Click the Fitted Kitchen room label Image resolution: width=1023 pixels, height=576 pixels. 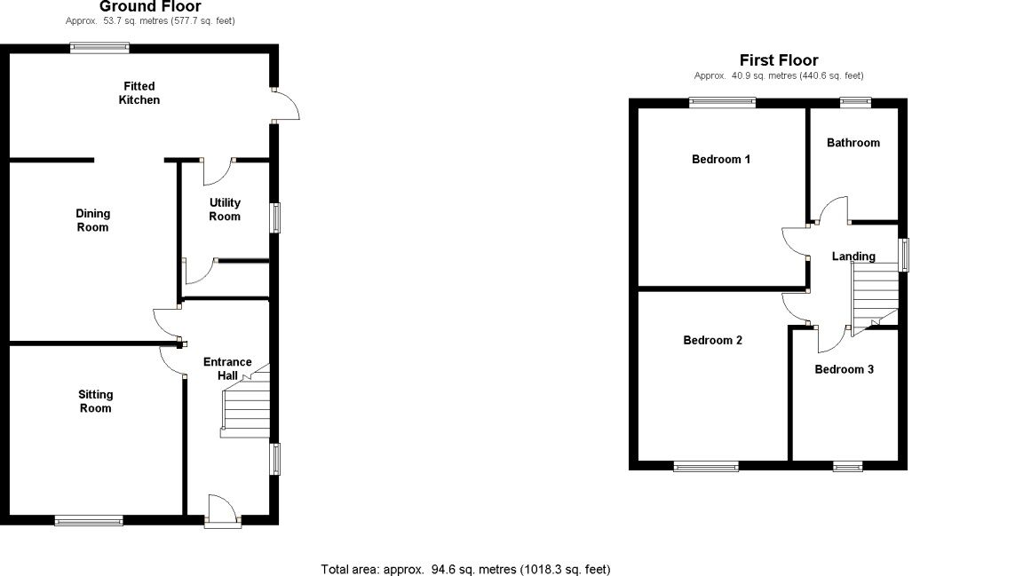click(x=139, y=93)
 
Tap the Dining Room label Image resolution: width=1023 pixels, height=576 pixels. click(x=92, y=220)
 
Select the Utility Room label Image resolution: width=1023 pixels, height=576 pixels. click(x=225, y=209)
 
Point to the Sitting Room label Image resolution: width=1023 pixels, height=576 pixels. click(x=95, y=401)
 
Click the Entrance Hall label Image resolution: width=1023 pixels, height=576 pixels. click(x=227, y=368)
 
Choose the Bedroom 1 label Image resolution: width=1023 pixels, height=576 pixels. click(x=721, y=160)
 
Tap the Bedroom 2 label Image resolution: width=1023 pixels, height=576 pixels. click(x=712, y=340)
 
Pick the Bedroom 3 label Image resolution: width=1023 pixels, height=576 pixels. click(x=844, y=369)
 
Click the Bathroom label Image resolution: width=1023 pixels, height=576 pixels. click(x=852, y=143)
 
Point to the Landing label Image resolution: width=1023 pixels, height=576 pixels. click(x=852, y=256)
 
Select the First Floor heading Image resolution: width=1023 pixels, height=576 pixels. click(x=778, y=60)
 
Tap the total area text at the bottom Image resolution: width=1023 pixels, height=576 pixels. click(x=465, y=569)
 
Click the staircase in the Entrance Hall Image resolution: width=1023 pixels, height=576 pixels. click(x=245, y=411)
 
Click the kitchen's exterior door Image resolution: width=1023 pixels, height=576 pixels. click(x=286, y=106)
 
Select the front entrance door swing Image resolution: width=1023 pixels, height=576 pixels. click(x=222, y=510)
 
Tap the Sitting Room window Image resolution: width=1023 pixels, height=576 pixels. click(x=89, y=520)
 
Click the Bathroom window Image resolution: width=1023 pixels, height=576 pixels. click(x=856, y=102)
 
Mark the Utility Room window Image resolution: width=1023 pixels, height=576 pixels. click(x=276, y=217)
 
